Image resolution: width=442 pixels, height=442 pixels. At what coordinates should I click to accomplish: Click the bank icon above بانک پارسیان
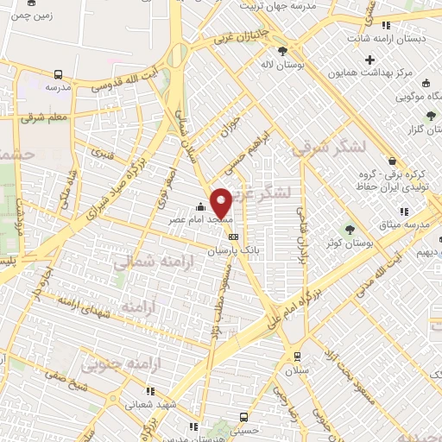232,235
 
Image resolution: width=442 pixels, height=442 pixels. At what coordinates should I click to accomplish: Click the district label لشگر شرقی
328,148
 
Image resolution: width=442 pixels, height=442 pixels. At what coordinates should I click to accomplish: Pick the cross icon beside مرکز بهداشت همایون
370,60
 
